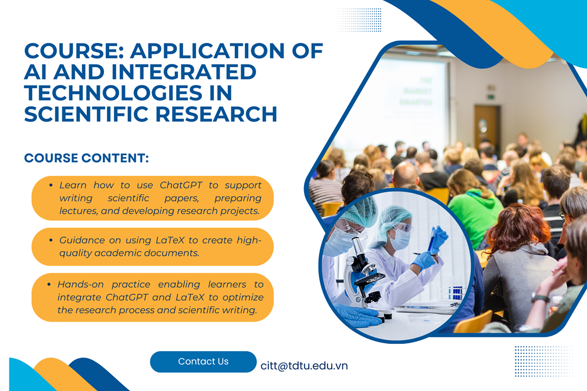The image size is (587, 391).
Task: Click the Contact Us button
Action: pos(203,362)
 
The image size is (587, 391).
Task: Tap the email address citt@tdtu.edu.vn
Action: pos(304,366)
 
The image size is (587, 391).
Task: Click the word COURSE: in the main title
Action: pos(74,51)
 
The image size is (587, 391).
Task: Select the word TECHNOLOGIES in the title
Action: pos(113,93)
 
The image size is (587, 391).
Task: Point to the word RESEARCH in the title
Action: pos(217,114)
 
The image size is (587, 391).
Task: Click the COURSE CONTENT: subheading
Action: pos(86,158)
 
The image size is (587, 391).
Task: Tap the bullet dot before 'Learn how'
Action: pos(50,185)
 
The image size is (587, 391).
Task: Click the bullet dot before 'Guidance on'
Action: pos(50,240)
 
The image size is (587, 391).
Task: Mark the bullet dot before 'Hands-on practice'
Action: pos(49,285)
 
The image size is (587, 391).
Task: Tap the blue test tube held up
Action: pos(433,239)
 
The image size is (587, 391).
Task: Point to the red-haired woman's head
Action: pos(517,225)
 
